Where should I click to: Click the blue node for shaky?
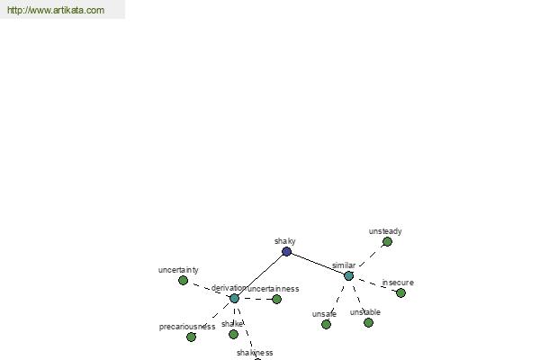point(286,251)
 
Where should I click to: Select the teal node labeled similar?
point(348,276)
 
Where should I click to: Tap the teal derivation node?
point(234,298)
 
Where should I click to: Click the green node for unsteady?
point(387,242)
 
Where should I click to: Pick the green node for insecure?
point(400,293)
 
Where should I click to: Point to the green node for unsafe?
point(326,324)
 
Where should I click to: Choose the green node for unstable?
point(368,323)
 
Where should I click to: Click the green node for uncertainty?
point(184,281)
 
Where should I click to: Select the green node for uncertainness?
point(276,300)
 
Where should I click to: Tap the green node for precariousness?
point(191,337)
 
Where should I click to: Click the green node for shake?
point(233,334)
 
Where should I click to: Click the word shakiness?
point(255,353)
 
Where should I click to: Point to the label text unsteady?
point(385,231)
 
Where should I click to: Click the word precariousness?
point(187,327)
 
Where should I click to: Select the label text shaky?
point(284,241)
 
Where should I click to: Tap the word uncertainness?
point(273,289)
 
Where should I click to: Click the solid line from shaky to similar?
point(318,264)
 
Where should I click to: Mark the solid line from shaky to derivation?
point(260,274)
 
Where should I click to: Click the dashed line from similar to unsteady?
point(371,256)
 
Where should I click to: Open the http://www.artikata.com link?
point(56,10)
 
